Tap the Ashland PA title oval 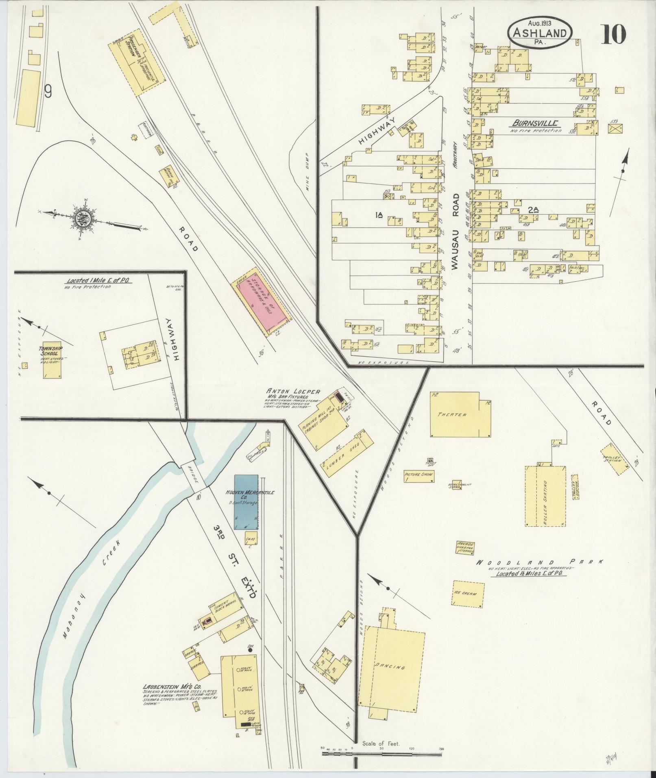(539, 33)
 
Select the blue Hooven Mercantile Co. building (246, 503)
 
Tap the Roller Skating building (545, 496)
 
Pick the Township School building (52, 360)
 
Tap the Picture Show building (418, 475)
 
